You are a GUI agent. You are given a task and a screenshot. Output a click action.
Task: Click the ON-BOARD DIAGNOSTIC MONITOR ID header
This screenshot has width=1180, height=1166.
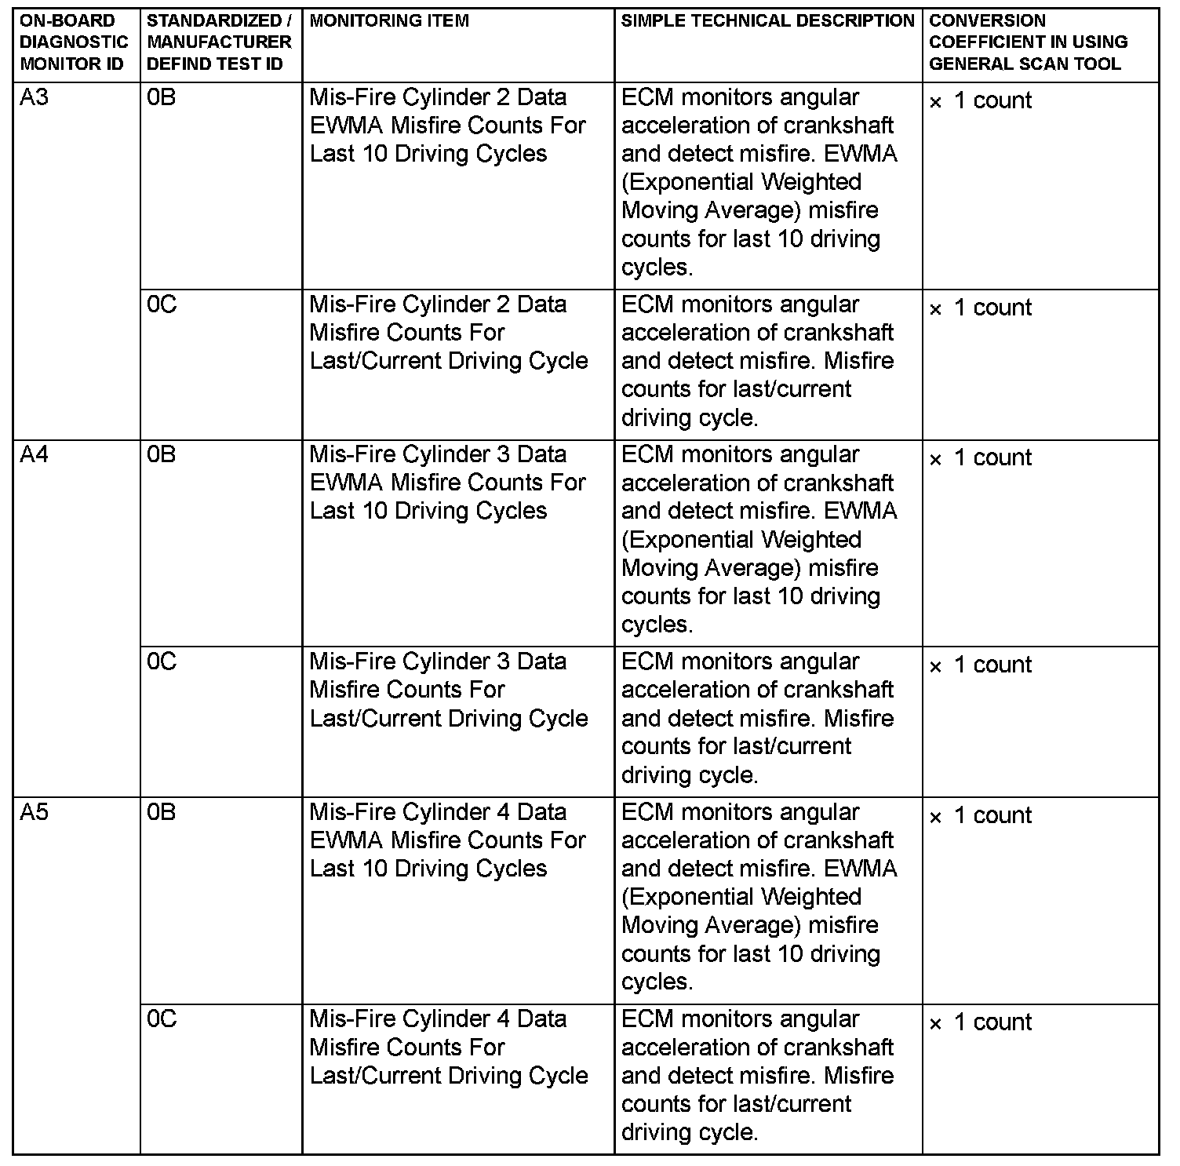pos(73,42)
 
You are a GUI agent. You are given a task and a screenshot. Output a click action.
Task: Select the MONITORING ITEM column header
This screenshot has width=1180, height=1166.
pos(389,21)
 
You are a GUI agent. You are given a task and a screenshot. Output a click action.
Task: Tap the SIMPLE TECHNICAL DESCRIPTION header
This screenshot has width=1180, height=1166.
pos(767,21)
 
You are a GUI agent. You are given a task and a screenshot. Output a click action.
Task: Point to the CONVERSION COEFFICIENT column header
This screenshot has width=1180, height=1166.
pos(1028,42)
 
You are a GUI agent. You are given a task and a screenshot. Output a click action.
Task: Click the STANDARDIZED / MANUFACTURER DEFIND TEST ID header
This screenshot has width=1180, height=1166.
pos(219,42)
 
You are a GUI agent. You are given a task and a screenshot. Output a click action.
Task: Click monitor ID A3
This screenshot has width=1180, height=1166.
pos(35,98)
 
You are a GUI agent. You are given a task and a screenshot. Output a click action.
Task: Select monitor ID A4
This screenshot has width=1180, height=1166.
pos(35,455)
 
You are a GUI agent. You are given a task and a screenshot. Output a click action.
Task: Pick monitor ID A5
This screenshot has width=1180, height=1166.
pos(35,813)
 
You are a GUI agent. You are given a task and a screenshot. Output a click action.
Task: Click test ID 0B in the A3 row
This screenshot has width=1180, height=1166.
pos(162,98)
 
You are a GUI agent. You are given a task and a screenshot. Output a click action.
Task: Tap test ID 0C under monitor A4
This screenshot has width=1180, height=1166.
pos(162,662)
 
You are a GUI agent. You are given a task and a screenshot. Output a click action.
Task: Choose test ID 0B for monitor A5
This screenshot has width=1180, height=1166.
pos(162,813)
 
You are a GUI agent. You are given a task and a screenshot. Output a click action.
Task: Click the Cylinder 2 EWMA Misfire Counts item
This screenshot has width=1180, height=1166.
pos(447,126)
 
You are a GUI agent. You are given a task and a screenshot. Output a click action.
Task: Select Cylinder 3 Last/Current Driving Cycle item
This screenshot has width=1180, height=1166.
pos(449,690)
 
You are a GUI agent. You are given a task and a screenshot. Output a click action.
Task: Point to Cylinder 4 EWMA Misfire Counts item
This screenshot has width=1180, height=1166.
pos(447,840)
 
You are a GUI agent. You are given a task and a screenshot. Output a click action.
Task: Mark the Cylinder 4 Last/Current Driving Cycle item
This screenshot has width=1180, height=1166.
pos(449,1048)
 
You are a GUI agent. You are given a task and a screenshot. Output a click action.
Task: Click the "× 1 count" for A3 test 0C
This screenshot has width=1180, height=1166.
pos(981,308)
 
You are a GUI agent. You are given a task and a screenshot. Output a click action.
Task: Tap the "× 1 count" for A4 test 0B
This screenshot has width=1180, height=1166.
pos(981,458)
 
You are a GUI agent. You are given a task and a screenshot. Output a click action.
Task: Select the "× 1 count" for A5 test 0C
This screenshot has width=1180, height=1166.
pos(981,1023)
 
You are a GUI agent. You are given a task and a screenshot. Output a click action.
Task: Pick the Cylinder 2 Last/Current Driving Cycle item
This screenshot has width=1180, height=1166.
pos(449,333)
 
